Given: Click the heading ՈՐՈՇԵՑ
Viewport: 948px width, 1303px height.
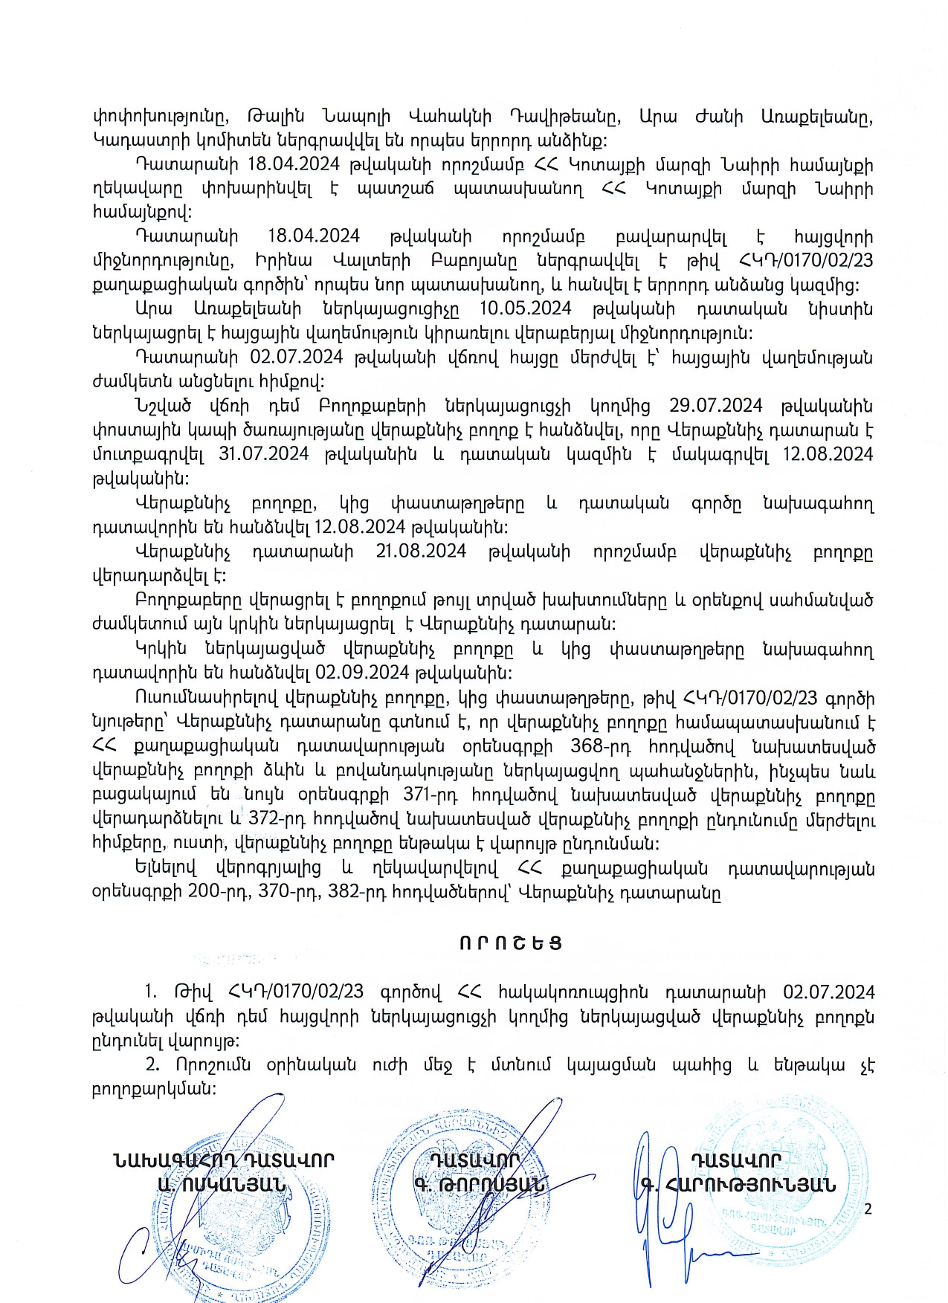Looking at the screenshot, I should coord(510,943).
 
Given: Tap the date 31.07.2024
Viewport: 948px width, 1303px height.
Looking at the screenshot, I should coord(263,454).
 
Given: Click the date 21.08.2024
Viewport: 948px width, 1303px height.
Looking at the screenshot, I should coord(421,552).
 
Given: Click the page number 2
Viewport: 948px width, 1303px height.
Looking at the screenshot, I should coord(867,1209).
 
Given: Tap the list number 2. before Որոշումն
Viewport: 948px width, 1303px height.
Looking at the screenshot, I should coord(152,1064).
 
